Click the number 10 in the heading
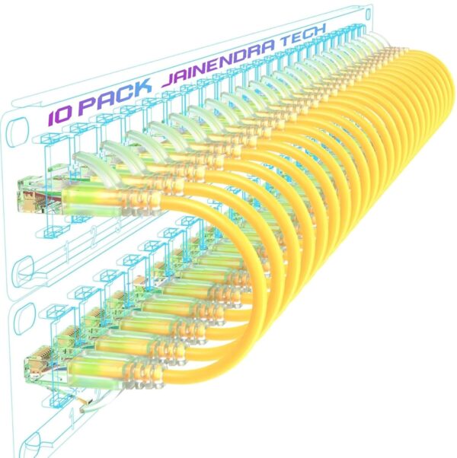pyautogui.click(x=62, y=115)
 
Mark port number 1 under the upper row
pyautogui.click(x=67, y=247)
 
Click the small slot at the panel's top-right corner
pyautogui.click(x=369, y=13)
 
